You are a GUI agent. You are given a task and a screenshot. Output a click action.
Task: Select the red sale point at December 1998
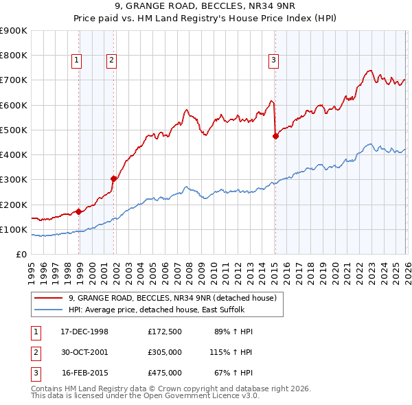point(79,211)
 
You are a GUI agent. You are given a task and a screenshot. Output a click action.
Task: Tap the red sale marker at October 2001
point(114,178)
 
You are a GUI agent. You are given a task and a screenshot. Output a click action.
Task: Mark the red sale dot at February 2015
point(275,136)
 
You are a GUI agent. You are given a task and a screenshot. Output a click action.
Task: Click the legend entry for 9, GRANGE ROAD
point(172,298)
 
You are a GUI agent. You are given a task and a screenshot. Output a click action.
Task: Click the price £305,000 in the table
point(165,351)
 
